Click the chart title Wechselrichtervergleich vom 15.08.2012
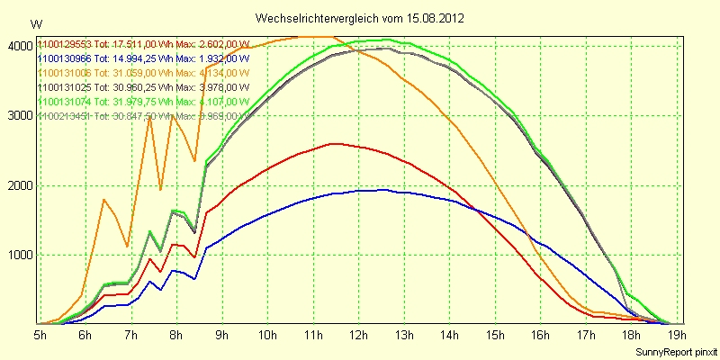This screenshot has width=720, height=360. pos(359,18)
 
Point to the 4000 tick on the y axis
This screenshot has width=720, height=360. pos(19,46)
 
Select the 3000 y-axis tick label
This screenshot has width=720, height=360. pos(19,115)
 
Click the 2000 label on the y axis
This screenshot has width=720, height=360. pos(19,185)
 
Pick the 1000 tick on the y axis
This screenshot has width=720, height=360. pos(19,255)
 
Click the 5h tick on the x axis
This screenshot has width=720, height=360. pos(40,335)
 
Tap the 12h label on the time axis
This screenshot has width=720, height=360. pos(358,335)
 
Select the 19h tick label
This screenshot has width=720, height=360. pos(677,335)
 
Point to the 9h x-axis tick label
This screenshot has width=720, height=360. pos(222,335)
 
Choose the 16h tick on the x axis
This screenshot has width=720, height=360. pos(540,335)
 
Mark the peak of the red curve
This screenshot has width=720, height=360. pos(335,143)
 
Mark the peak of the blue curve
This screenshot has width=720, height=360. pos(384,190)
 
